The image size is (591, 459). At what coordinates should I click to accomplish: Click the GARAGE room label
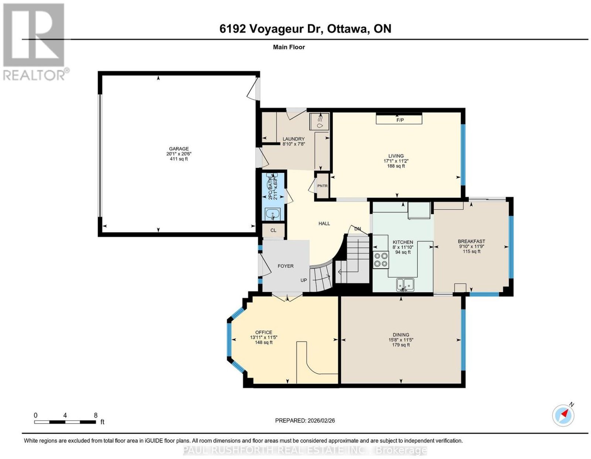pyautogui.click(x=179, y=149)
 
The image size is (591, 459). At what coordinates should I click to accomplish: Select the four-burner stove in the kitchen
pyautogui.click(x=381, y=260)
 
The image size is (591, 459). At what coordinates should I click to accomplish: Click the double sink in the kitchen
pyautogui.click(x=405, y=285)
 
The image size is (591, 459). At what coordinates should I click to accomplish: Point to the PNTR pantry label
pyautogui.click(x=322, y=186)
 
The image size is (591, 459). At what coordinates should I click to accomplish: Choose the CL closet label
pyautogui.click(x=273, y=230)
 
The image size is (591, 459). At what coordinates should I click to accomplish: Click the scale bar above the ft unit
pyautogui.click(x=65, y=422)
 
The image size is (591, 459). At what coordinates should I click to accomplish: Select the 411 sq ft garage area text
pyautogui.click(x=179, y=159)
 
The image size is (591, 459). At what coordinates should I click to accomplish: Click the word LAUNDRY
pyautogui.click(x=293, y=139)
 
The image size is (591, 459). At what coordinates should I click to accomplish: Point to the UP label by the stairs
pyautogui.click(x=304, y=280)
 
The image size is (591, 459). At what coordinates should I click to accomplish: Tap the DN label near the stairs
pyautogui.click(x=358, y=229)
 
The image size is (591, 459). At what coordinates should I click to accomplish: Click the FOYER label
pyautogui.click(x=286, y=266)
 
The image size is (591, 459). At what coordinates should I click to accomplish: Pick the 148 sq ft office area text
pyautogui.click(x=263, y=342)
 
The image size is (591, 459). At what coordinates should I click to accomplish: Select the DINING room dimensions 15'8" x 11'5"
pyautogui.click(x=401, y=340)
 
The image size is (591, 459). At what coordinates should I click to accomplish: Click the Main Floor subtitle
pyautogui.click(x=289, y=47)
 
